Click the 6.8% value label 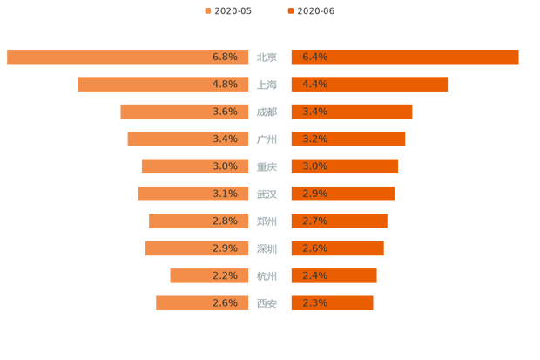pyautogui.click(x=225, y=58)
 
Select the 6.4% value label pyautogui.click(x=314, y=58)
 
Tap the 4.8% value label pyautogui.click(x=225, y=85)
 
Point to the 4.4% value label pyautogui.click(x=314, y=85)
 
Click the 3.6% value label pyautogui.click(x=225, y=112)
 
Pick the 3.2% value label pyautogui.click(x=314, y=139)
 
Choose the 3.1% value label pyautogui.click(x=225, y=194)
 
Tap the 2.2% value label pyautogui.click(x=225, y=276)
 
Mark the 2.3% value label pyautogui.click(x=314, y=303)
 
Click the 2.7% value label pyautogui.click(x=314, y=221)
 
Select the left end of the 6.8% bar pyautogui.click(x=5, y=57)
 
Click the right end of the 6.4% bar pyautogui.click(x=518, y=57)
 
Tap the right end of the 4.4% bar pyautogui.click(x=449, y=85)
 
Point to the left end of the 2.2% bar pyautogui.click(x=170, y=276)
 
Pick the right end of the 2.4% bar pyautogui.click(x=376, y=276)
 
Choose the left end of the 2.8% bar pyautogui.click(x=149, y=221)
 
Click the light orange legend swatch pyautogui.click(x=206, y=11)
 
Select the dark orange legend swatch pyautogui.click(x=289, y=11)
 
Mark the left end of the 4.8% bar pyautogui.click(x=78, y=85)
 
